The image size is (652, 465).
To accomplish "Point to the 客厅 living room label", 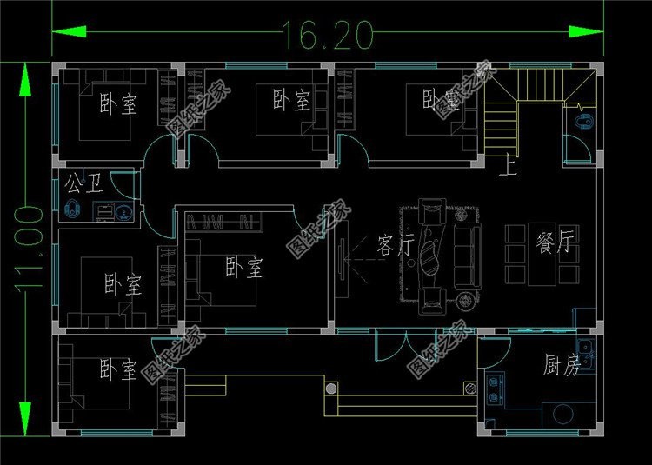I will tap(396, 245).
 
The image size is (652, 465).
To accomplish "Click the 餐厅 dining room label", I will tap(556, 244).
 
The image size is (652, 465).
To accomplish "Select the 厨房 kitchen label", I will tap(562, 366).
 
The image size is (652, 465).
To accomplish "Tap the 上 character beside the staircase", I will tap(508, 165).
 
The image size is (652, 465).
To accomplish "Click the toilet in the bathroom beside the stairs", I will tap(584, 122).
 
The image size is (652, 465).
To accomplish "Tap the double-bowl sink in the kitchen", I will tap(587, 356).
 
